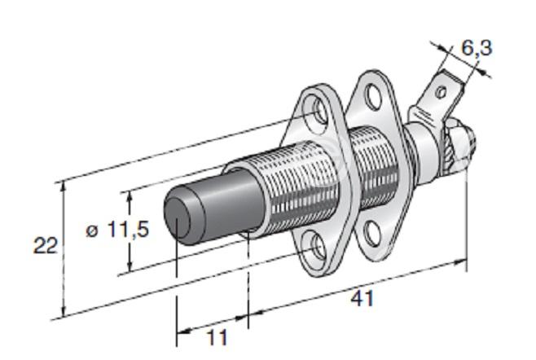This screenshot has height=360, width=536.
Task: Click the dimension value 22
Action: [45, 245]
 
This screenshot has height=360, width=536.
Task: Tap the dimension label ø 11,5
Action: [117, 229]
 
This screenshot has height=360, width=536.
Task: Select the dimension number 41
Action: [362, 298]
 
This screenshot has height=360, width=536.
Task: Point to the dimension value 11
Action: [217, 338]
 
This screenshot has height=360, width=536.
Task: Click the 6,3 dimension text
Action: [477, 47]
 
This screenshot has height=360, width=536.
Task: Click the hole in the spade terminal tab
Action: [442, 91]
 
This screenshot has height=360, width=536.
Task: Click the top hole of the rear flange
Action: [373, 94]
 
